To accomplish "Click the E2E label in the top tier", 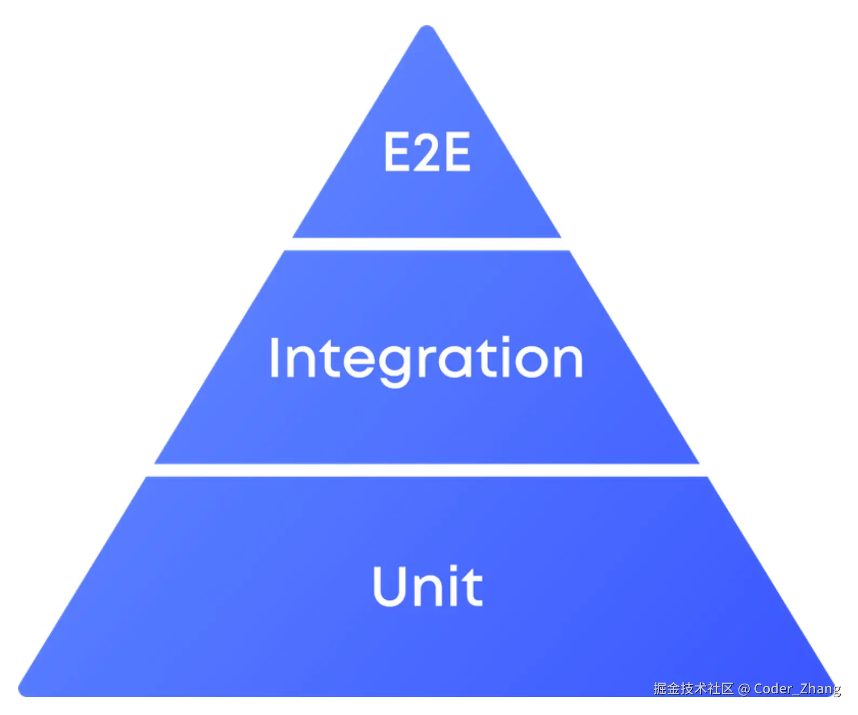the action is point(427,152).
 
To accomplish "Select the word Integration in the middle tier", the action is point(426,358).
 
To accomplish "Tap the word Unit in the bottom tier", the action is point(427,586).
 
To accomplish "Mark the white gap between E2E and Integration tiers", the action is point(427,244).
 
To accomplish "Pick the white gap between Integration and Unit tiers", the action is point(427,470).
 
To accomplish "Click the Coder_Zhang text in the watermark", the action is point(797,689).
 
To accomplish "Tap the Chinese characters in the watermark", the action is point(693,689).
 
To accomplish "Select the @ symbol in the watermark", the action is point(744,689).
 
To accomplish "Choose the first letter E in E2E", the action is point(397,152).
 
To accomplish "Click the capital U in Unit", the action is point(393,586).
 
